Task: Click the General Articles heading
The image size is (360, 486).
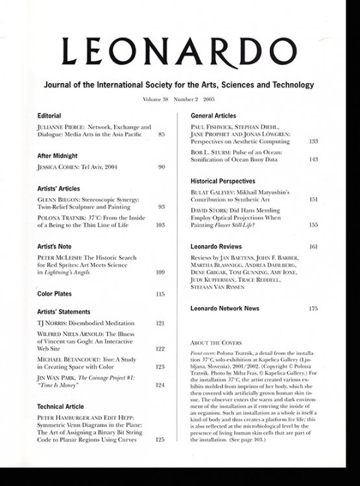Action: tap(217, 115)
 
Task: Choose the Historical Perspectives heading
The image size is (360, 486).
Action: tap(222, 181)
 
